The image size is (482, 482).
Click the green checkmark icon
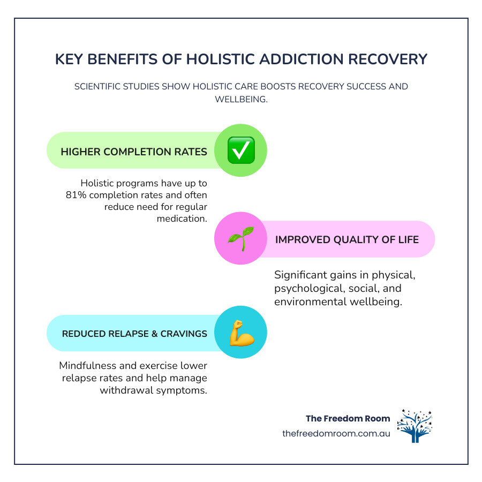pos(240,150)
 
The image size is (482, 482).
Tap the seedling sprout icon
pos(240,238)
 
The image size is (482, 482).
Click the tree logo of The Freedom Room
pos(414,426)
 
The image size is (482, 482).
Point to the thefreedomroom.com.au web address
pos(336,433)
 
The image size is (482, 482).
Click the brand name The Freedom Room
pos(348,418)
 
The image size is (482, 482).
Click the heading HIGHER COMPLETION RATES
pos(134,152)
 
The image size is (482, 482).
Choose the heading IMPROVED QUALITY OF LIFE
pos(347,239)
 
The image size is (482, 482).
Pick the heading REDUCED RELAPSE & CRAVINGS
pos(134,334)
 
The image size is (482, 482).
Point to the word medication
pos(182,218)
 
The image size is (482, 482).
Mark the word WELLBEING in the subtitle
pos(241,100)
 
